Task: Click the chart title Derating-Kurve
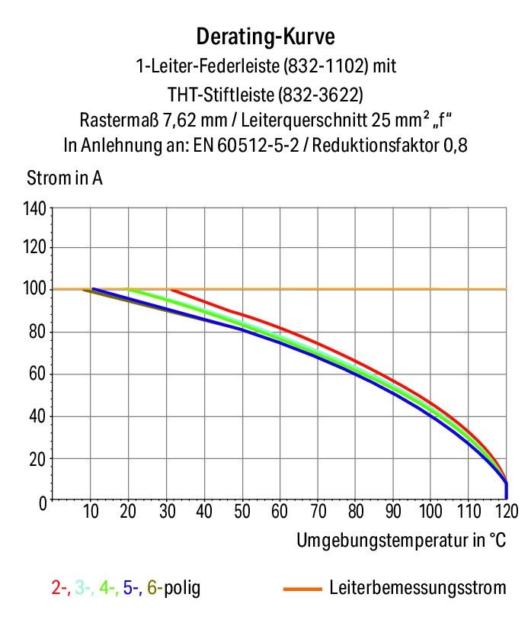click(265, 36)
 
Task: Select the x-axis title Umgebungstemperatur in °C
click(401, 541)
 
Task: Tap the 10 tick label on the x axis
click(91, 511)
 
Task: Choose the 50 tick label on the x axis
click(242, 511)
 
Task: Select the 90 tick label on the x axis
click(393, 511)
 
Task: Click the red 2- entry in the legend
click(59, 588)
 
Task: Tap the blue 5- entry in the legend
click(133, 588)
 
